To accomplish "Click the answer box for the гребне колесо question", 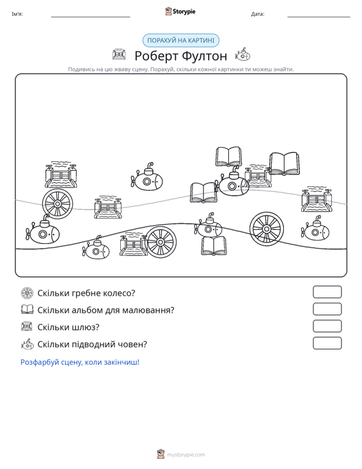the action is point(327,292).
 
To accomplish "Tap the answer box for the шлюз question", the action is point(327,326).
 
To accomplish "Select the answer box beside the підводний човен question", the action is point(327,343).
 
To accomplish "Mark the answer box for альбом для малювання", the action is point(327,309).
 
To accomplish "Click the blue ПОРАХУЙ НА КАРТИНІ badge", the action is point(181,40).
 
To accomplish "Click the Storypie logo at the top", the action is point(180,12).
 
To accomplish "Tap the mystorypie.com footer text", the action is point(186,455).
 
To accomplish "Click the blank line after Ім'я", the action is point(91,17).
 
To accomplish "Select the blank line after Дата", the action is point(319,17).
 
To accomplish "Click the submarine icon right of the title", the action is point(242,54).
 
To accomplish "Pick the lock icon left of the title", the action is point(119,54).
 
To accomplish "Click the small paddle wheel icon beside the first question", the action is point(28,293).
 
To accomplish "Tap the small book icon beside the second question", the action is point(28,309).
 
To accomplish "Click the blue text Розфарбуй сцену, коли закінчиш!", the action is point(80,362).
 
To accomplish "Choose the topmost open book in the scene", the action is point(229,156).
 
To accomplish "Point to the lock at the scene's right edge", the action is point(317,199).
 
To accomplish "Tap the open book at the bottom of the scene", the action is point(214,246).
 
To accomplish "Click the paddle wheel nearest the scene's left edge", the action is point(58,203).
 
